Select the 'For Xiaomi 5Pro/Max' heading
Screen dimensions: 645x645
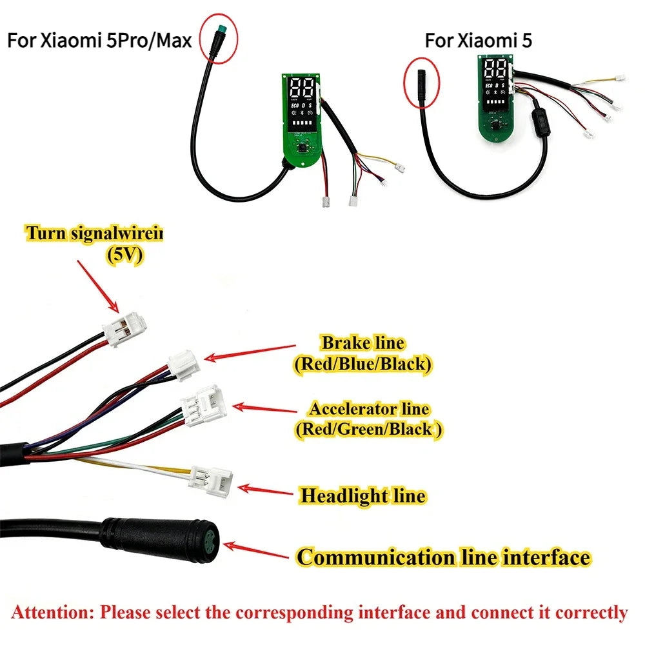pyautogui.click(x=99, y=41)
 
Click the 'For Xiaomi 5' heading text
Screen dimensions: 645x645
pyautogui.click(x=479, y=40)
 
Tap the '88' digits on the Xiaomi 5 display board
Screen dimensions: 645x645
pyautogui.click(x=495, y=69)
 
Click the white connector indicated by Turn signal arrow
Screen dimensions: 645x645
pyautogui.click(x=124, y=328)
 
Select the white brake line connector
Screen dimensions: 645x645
pyautogui.click(x=183, y=364)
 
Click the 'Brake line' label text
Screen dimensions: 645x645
pyautogui.click(x=363, y=342)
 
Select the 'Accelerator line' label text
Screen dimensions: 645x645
pyautogui.click(x=370, y=409)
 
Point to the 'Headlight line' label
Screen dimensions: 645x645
pyautogui.click(x=362, y=495)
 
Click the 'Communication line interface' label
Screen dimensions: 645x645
pyautogui.click(x=444, y=557)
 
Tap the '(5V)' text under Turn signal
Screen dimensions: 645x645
pyautogui.click(x=125, y=255)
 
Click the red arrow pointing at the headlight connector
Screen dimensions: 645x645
pyautogui.click(x=265, y=491)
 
